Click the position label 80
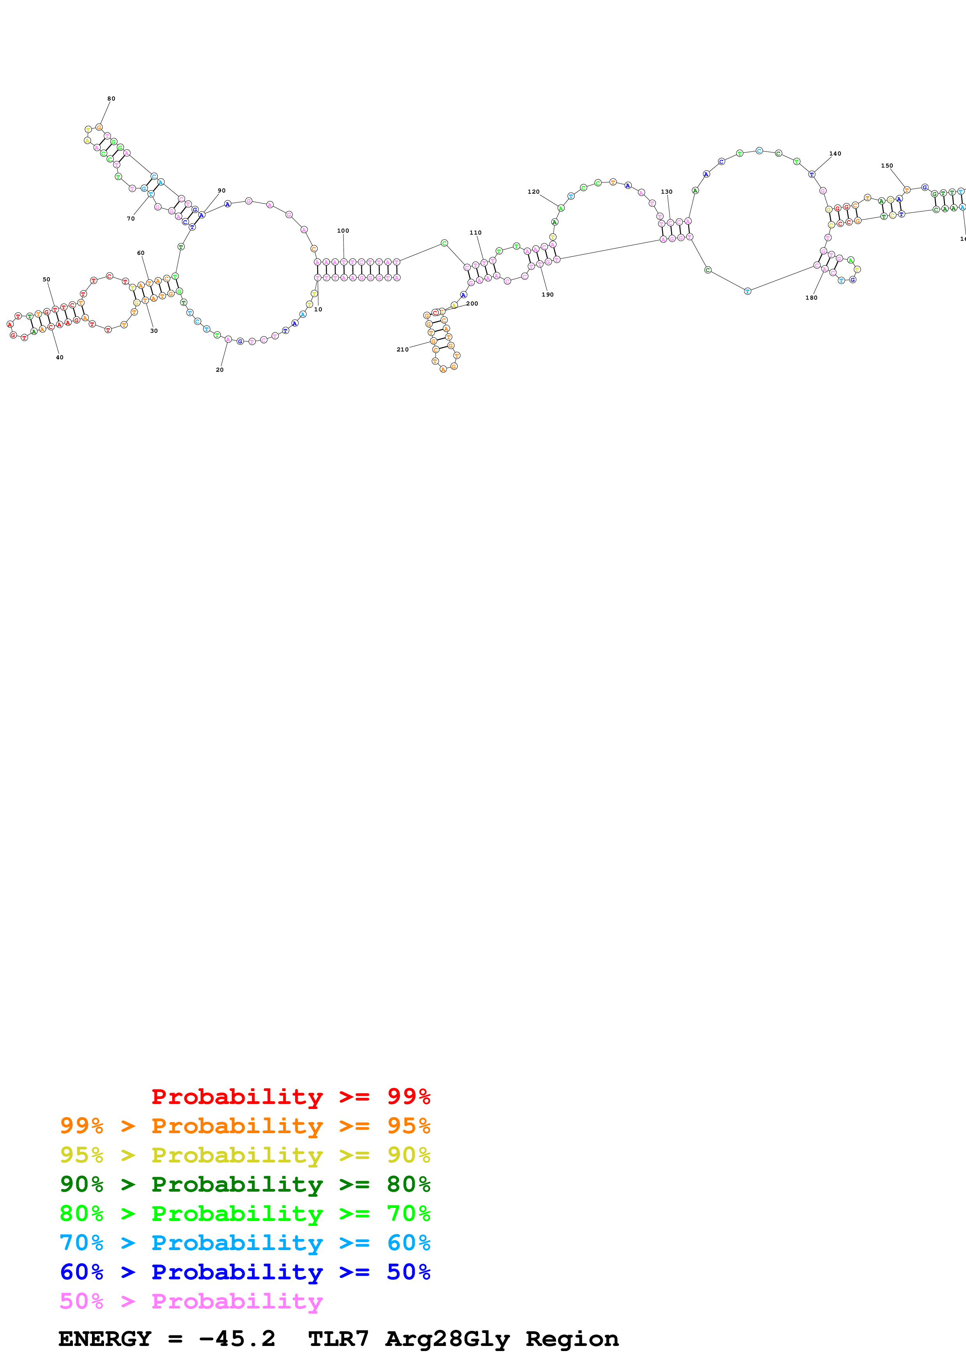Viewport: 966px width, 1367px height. pos(111,99)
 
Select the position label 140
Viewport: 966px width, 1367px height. pos(835,154)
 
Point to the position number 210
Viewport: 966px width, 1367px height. pos(403,350)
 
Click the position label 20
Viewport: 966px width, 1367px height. pos(220,370)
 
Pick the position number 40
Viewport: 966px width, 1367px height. pos(60,357)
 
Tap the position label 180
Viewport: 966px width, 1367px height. pos(811,298)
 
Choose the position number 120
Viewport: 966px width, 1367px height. pos(533,192)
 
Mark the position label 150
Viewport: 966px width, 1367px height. pos(887,166)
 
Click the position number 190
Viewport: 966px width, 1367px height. pos(547,295)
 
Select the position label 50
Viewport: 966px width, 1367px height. pos(46,279)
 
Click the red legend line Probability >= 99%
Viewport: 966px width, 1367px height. pos(290,1097)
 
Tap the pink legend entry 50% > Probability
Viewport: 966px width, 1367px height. pos(191,1302)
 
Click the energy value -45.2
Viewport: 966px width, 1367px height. pos(237,1339)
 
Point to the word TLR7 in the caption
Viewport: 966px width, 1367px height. pos(338,1339)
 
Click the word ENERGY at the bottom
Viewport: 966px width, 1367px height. pos(105,1339)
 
